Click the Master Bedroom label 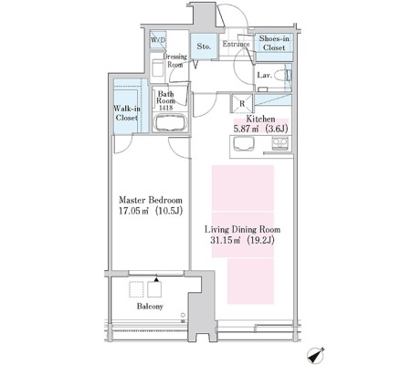tap(151, 200)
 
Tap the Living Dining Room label tap(242, 229)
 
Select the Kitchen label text tap(260, 119)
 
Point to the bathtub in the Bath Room tap(170, 122)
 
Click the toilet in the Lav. tap(283, 75)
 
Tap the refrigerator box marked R tap(242, 103)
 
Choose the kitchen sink tap(244, 143)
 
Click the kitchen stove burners tap(279, 143)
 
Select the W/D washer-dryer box tap(158, 40)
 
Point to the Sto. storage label tap(204, 47)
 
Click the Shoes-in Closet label tap(274, 43)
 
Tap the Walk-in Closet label tap(127, 113)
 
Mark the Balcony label tap(150, 307)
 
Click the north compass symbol tap(316, 355)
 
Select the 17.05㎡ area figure tap(133, 211)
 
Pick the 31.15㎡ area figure tap(225, 240)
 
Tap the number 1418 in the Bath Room tap(165, 108)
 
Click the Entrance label tap(236, 44)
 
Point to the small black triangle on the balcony tap(156, 279)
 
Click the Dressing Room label tap(175, 60)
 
